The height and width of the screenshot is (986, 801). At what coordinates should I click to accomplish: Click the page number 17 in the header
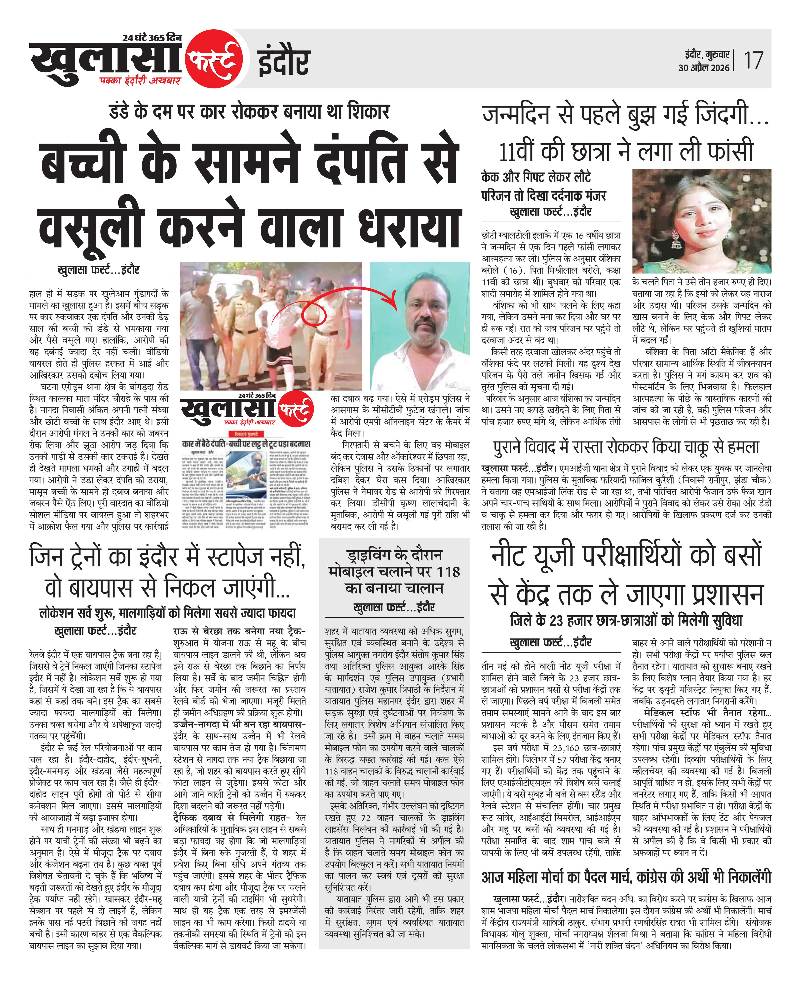coord(753,60)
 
